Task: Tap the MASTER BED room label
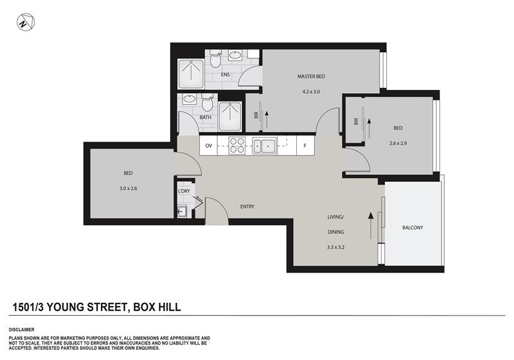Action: coord(311,76)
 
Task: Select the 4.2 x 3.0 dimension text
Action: coord(311,92)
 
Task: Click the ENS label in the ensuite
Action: coord(225,75)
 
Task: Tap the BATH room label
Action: coord(206,118)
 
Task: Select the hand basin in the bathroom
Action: coord(190,100)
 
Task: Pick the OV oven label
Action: coord(209,147)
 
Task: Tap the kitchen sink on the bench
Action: coord(263,146)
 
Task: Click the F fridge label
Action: coord(305,147)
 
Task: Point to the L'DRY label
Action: coord(184,191)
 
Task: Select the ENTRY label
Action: coord(247,206)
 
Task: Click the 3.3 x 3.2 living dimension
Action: coord(336,247)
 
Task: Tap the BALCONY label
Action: coord(412,228)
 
